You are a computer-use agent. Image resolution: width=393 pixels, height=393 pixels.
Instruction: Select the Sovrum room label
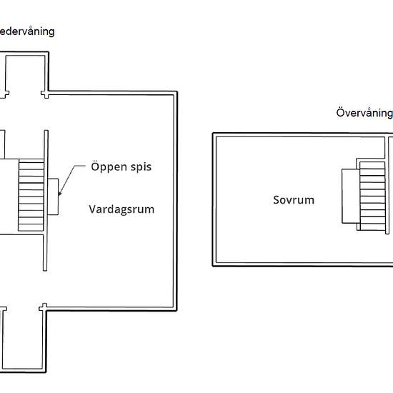click(293, 200)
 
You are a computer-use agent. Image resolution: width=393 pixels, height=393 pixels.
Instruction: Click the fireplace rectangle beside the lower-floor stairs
click(53, 196)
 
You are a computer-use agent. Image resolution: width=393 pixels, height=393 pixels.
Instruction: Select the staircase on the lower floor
click(31, 196)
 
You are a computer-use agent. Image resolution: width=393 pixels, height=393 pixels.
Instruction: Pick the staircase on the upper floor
click(372, 196)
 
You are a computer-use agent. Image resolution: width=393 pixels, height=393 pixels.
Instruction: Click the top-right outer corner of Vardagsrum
click(176, 92)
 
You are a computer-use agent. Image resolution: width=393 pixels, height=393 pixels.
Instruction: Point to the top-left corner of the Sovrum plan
click(214, 134)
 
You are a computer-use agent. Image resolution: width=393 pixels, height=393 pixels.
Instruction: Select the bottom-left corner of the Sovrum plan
click(214, 264)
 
